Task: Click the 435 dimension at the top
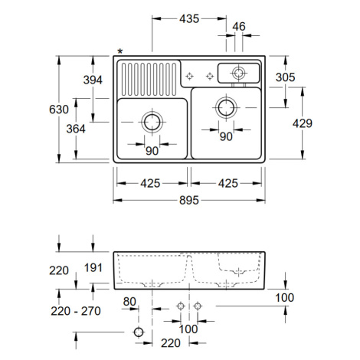pyautogui.click(x=189, y=18)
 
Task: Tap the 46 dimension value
pyautogui.click(x=239, y=26)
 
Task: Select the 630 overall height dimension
pyautogui.click(x=59, y=110)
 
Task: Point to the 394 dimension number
pyautogui.click(x=93, y=80)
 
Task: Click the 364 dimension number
pyautogui.click(x=76, y=129)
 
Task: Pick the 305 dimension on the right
pyautogui.click(x=286, y=77)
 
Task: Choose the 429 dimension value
pyautogui.click(x=303, y=123)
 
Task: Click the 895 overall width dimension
pyautogui.click(x=189, y=201)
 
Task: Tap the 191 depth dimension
pyautogui.click(x=93, y=267)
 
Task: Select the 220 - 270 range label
pyautogui.click(x=76, y=311)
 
